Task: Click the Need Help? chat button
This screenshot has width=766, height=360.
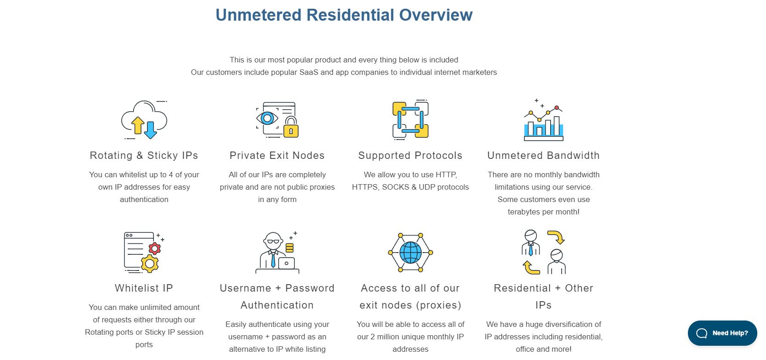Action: click(722, 333)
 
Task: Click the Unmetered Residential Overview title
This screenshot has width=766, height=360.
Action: click(344, 15)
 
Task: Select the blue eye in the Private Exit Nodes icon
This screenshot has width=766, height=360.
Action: click(267, 118)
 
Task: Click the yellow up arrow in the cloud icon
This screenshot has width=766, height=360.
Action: click(138, 125)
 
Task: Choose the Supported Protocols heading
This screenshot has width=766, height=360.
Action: click(411, 156)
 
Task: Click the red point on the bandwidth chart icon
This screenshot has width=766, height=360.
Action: click(557, 108)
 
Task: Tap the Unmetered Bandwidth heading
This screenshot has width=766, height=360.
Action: click(543, 156)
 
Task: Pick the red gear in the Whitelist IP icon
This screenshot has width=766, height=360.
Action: click(155, 248)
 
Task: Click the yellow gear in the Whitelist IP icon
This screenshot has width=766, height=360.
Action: click(150, 264)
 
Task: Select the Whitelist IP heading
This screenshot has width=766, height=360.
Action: click(144, 288)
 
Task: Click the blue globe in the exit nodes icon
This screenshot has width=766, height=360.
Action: click(411, 253)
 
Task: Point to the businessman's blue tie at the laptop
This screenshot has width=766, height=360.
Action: click(273, 260)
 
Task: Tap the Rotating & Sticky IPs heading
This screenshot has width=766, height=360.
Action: click(144, 156)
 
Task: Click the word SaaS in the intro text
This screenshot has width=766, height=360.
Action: click(309, 73)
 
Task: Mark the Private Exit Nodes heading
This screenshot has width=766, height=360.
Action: click(277, 156)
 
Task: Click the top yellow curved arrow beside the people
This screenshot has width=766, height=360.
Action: click(557, 237)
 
